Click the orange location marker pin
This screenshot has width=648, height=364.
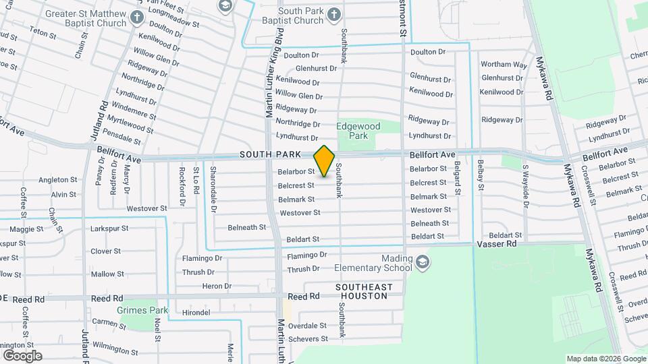325,161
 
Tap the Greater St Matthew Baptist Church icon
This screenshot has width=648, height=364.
137,17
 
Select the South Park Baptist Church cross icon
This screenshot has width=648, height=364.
333,15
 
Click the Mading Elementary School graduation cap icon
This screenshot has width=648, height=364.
422,262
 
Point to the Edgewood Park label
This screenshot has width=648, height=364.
358,131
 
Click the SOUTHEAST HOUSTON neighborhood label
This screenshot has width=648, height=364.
364,292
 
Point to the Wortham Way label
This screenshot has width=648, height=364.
504,65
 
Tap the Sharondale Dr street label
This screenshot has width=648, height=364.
213,189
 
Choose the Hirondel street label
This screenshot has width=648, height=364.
196,313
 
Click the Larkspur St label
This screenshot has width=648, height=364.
109,229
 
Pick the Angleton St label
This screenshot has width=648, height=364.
57,180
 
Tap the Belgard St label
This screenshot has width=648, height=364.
457,179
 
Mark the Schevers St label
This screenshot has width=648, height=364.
307,339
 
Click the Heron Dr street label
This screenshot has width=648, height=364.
217,286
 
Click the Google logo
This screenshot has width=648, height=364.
22,355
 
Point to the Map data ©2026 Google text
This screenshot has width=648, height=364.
605,358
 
